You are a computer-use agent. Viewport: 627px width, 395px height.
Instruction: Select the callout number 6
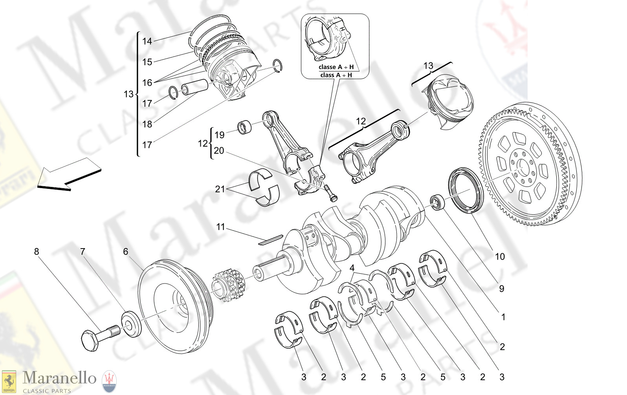(125, 252)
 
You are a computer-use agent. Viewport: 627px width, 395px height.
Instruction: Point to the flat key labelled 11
(271, 240)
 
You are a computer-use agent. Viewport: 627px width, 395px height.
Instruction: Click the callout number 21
(220, 189)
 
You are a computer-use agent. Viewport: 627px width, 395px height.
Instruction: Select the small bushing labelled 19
(246, 128)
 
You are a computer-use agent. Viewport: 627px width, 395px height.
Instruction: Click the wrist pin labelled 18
(194, 87)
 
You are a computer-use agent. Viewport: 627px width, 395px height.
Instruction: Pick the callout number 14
(147, 41)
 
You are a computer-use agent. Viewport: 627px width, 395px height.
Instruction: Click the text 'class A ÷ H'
(336, 75)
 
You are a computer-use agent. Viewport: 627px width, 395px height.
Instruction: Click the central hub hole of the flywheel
(522, 166)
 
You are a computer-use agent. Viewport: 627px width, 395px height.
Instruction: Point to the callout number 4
(352, 268)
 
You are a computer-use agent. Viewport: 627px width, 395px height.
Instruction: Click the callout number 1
(503, 317)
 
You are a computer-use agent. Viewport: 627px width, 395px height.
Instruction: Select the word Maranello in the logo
(59, 378)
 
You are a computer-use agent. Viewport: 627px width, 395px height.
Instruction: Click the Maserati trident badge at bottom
(109, 381)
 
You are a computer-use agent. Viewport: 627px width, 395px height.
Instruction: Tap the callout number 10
(499, 257)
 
